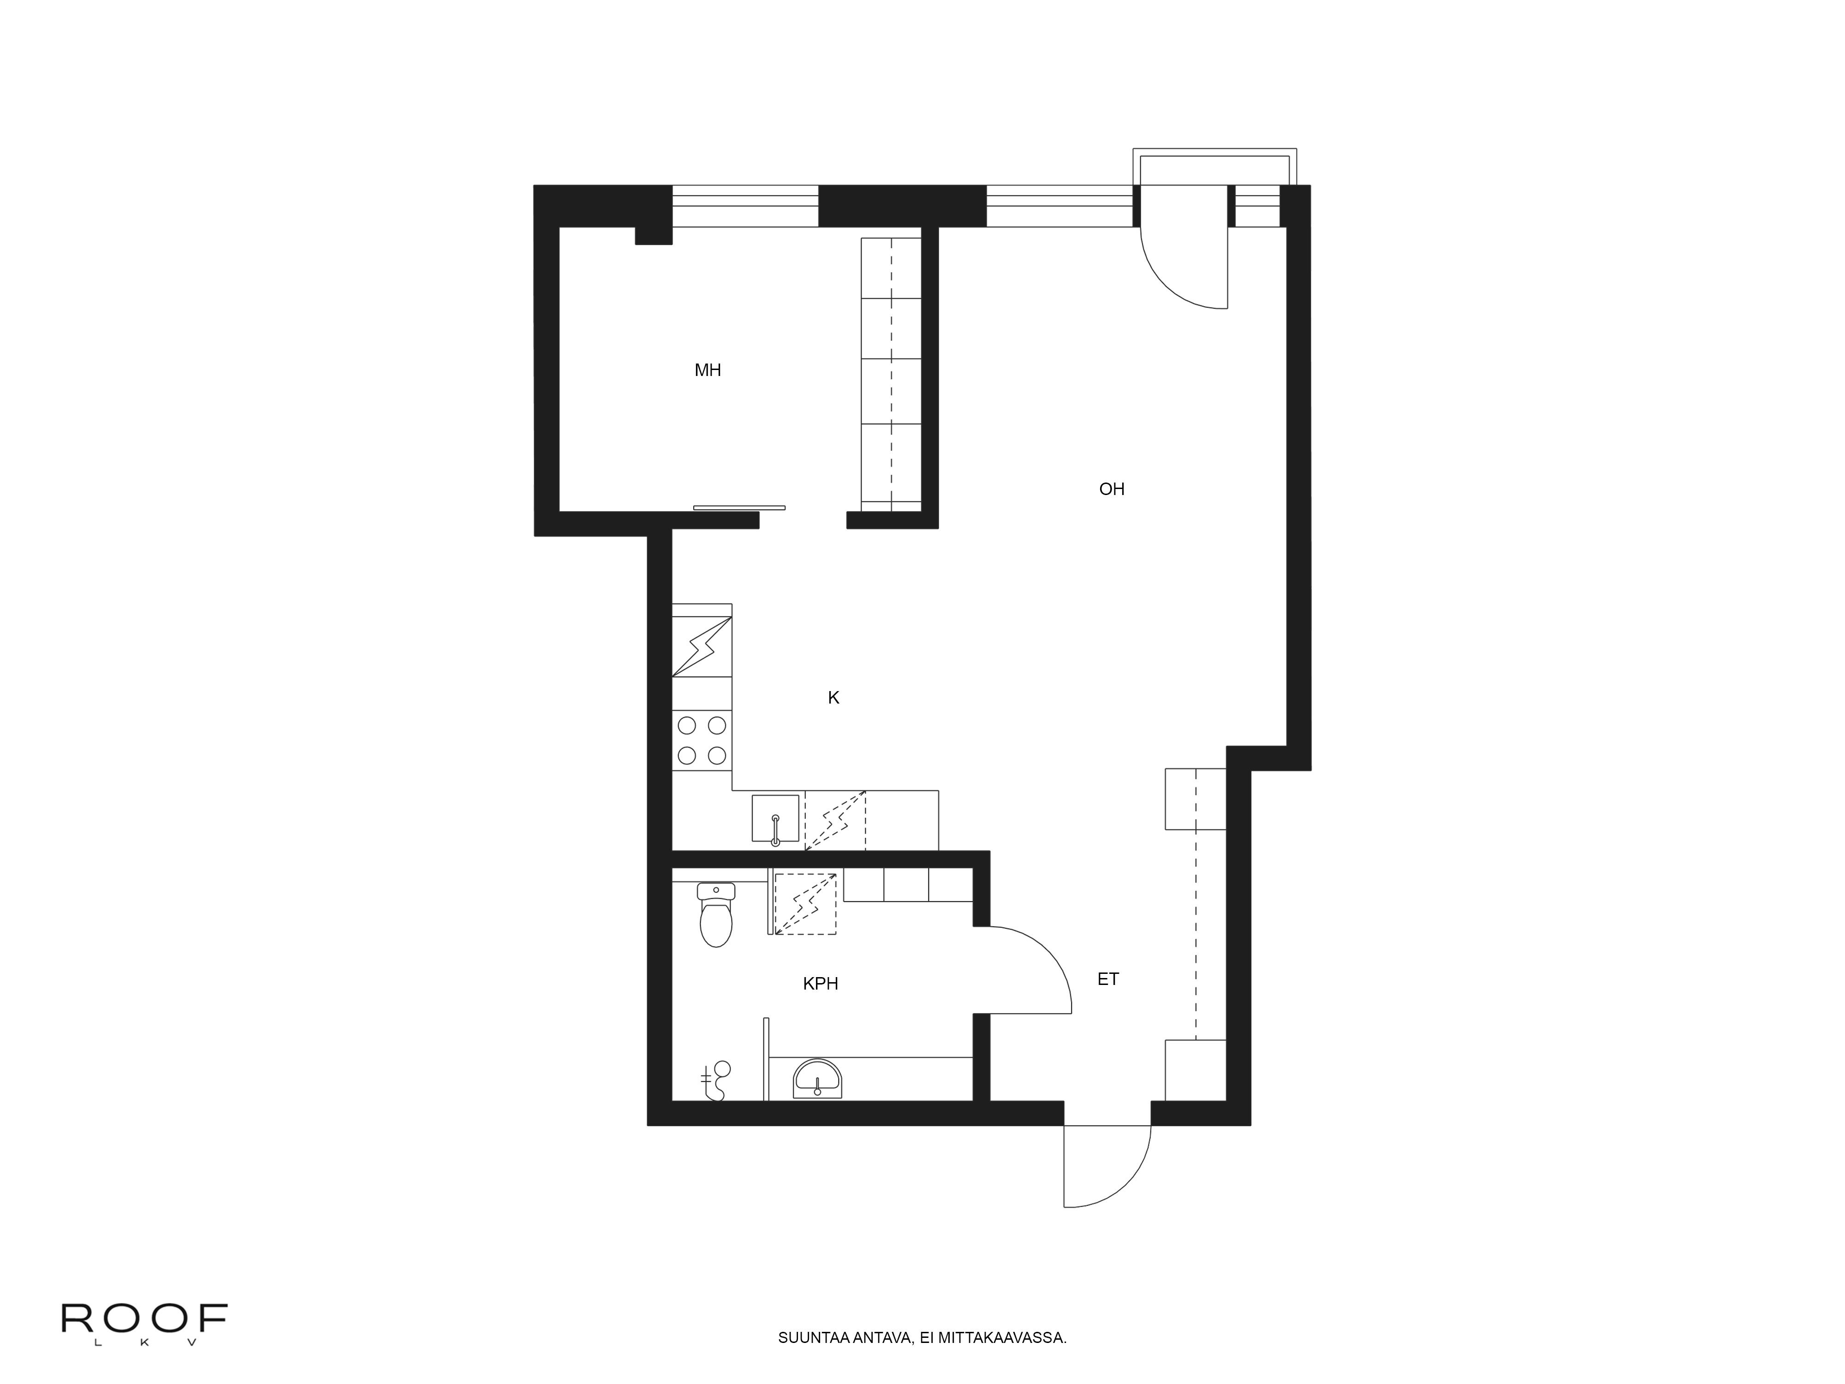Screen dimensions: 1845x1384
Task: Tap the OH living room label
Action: [x=1112, y=489]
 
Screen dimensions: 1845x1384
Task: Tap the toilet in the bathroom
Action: [x=716, y=914]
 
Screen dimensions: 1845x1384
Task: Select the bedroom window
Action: [x=745, y=205]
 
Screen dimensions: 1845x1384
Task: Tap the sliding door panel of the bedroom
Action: [x=739, y=507]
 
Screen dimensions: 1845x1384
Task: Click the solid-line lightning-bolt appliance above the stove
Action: [x=702, y=646]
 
